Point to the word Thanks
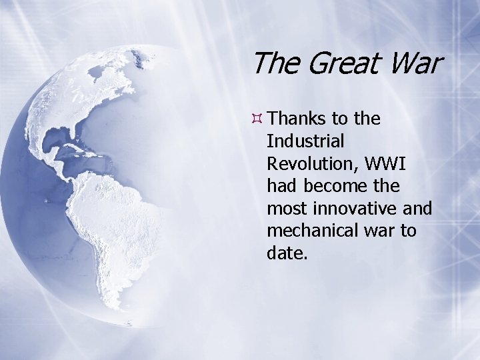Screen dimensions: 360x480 299,119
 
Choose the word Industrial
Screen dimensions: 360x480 305,141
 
